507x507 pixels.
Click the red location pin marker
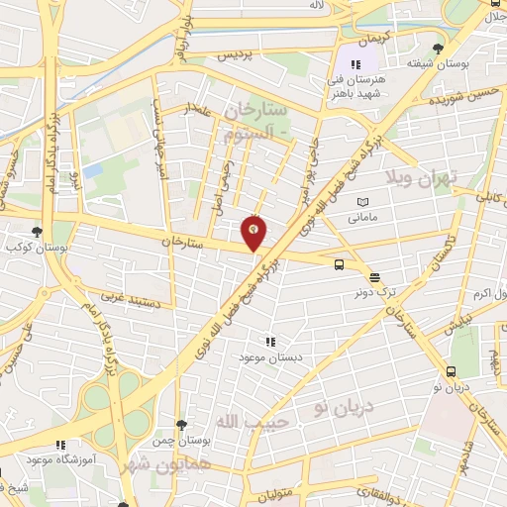(x=254, y=232)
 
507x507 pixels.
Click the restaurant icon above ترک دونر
(x=373, y=278)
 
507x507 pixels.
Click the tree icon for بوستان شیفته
(x=438, y=49)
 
